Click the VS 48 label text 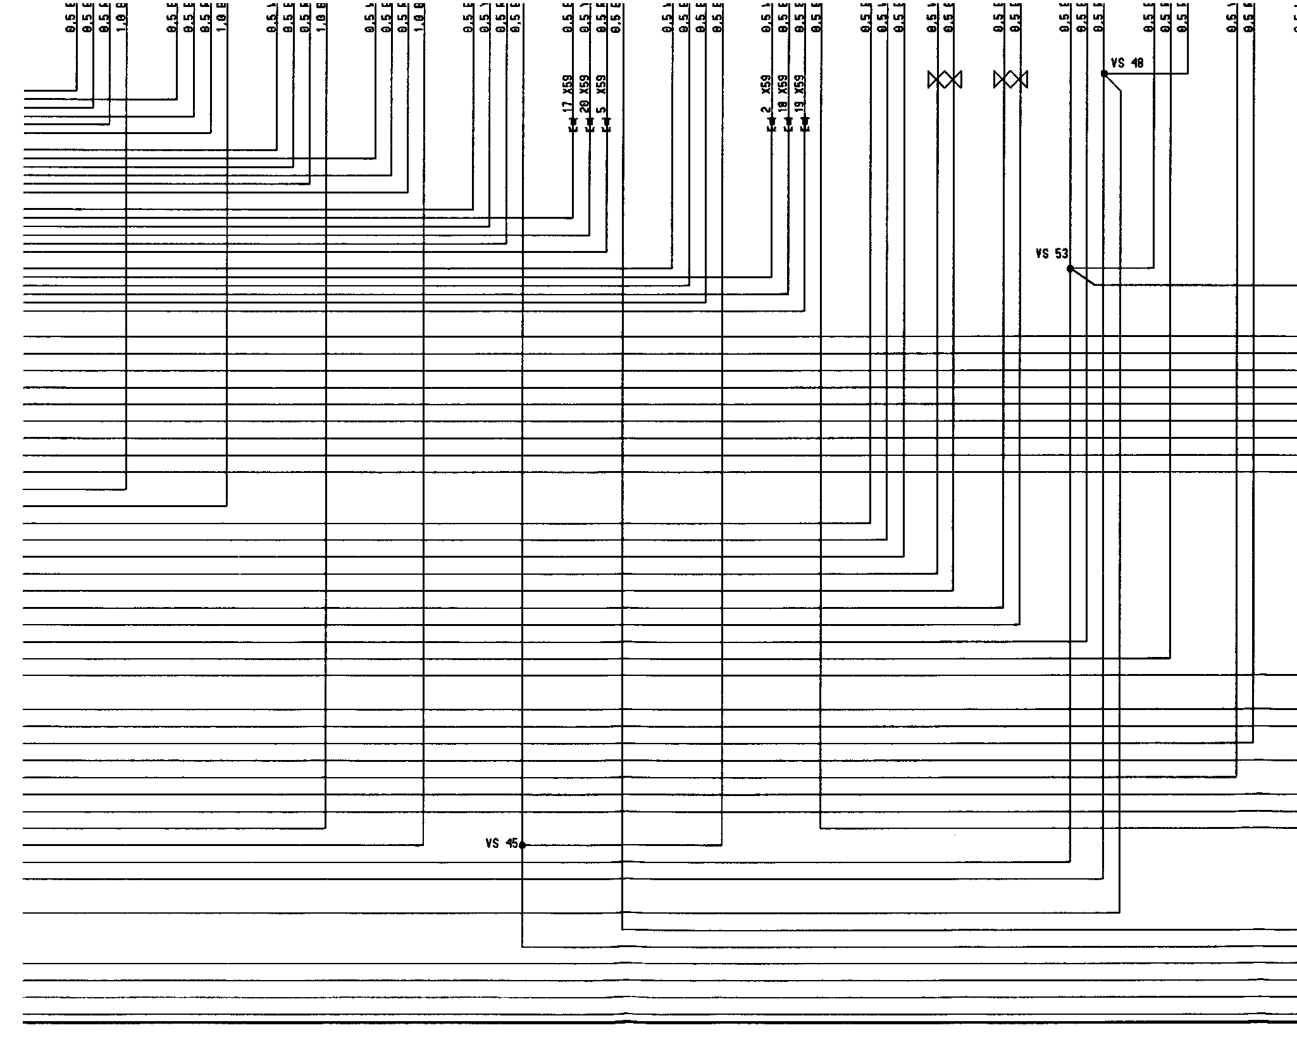tap(1127, 63)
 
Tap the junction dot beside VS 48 tap(1104, 74)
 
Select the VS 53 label tap(1052, 254)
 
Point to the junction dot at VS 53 tap(1070, 269)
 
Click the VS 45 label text tap(501, 843)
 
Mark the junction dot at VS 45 tap(522, 845)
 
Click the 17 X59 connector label tap(568, 95)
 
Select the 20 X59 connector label tap(585, 95)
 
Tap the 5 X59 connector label tap(601, 95)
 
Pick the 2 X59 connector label tap(766, 95)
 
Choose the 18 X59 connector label tap(783, 95)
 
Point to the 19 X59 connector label tap(800, 95)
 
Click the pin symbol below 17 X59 tap(573, 124)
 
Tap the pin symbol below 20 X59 tap(590, 124)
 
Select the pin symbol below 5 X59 tap(606, 124)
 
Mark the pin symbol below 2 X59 tap(771, 124)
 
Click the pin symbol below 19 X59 tap(805, 124)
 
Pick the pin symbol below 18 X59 tap(788, 124)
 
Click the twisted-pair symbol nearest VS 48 tap(1011, 80)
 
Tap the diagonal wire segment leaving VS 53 tap(1083, 277)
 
